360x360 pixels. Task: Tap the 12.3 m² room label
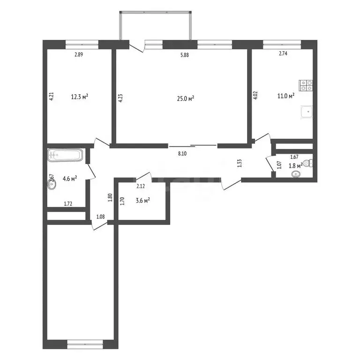click(80, 97)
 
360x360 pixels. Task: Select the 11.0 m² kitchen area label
click(285, 96)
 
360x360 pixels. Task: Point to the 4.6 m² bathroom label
click(70, 178)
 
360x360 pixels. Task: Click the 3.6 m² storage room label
click(142, 201)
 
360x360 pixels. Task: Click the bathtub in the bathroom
click(65, 155)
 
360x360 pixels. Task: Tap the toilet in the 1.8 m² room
click(307, 163)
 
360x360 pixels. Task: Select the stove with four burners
click(307, 85)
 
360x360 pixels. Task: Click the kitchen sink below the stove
click(307, 112)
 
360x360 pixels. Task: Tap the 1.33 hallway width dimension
click(240, 163)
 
